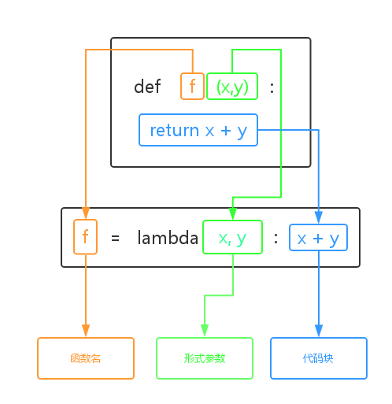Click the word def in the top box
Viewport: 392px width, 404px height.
147,87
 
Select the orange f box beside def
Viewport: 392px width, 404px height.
192,87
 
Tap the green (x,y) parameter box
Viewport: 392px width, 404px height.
232,87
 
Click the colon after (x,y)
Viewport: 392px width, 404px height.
272,87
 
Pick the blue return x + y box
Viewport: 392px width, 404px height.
198,130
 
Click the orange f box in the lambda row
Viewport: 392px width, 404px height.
86,237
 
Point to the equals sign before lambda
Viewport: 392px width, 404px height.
115,238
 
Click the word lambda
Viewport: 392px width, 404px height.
168,238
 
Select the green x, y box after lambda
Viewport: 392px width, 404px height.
232,237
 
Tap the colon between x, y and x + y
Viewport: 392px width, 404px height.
276,238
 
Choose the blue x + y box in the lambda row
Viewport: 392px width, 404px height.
318,237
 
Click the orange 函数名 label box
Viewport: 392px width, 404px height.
86,358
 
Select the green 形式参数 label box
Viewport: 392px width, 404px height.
205,358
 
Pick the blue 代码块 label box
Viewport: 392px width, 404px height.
319,358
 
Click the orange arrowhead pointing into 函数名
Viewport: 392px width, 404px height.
86,331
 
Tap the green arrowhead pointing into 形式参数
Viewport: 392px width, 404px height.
205,331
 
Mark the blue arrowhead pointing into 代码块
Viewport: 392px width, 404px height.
319,331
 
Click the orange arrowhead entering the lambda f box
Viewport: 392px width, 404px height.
86,214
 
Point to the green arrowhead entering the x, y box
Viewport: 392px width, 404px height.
232,214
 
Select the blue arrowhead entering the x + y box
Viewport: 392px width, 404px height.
319,218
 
